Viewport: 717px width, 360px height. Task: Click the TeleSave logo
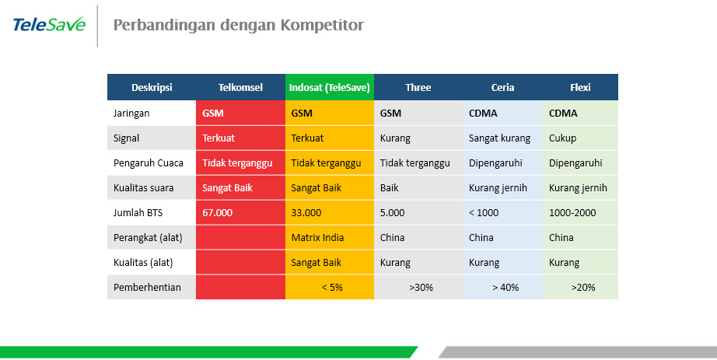pos(49,25)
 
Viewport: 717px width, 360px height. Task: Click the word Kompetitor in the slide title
pos(322,25)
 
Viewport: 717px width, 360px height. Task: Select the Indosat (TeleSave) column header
pos(329,87)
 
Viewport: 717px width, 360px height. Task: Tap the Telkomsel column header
pos(240,87)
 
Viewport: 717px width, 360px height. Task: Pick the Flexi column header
pos(580,87)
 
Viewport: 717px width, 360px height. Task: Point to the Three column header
pos(418,87)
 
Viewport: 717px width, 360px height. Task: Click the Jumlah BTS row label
pos(138,213)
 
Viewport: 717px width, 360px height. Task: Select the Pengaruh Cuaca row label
pos(149,163)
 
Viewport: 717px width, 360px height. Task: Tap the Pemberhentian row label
pos(147,287)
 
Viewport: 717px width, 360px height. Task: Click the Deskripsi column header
pos(152,87)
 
